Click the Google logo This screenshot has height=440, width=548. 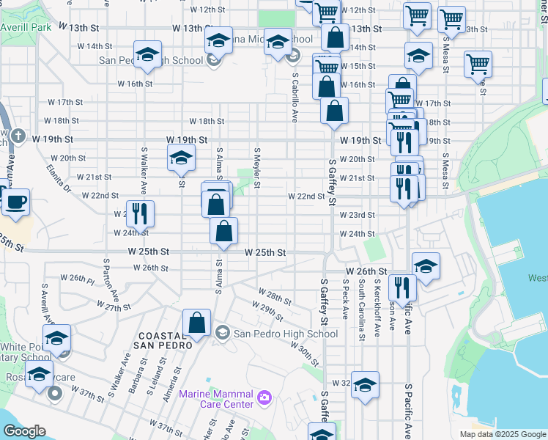coord(24,431)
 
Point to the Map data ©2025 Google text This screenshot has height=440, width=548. coord(502,434)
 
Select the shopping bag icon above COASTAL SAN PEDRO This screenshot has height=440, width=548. coord(197,322)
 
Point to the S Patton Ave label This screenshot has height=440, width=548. coord(111,279)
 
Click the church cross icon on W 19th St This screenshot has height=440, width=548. coord(19,137)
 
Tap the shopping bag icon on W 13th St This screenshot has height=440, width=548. coord(335,38)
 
